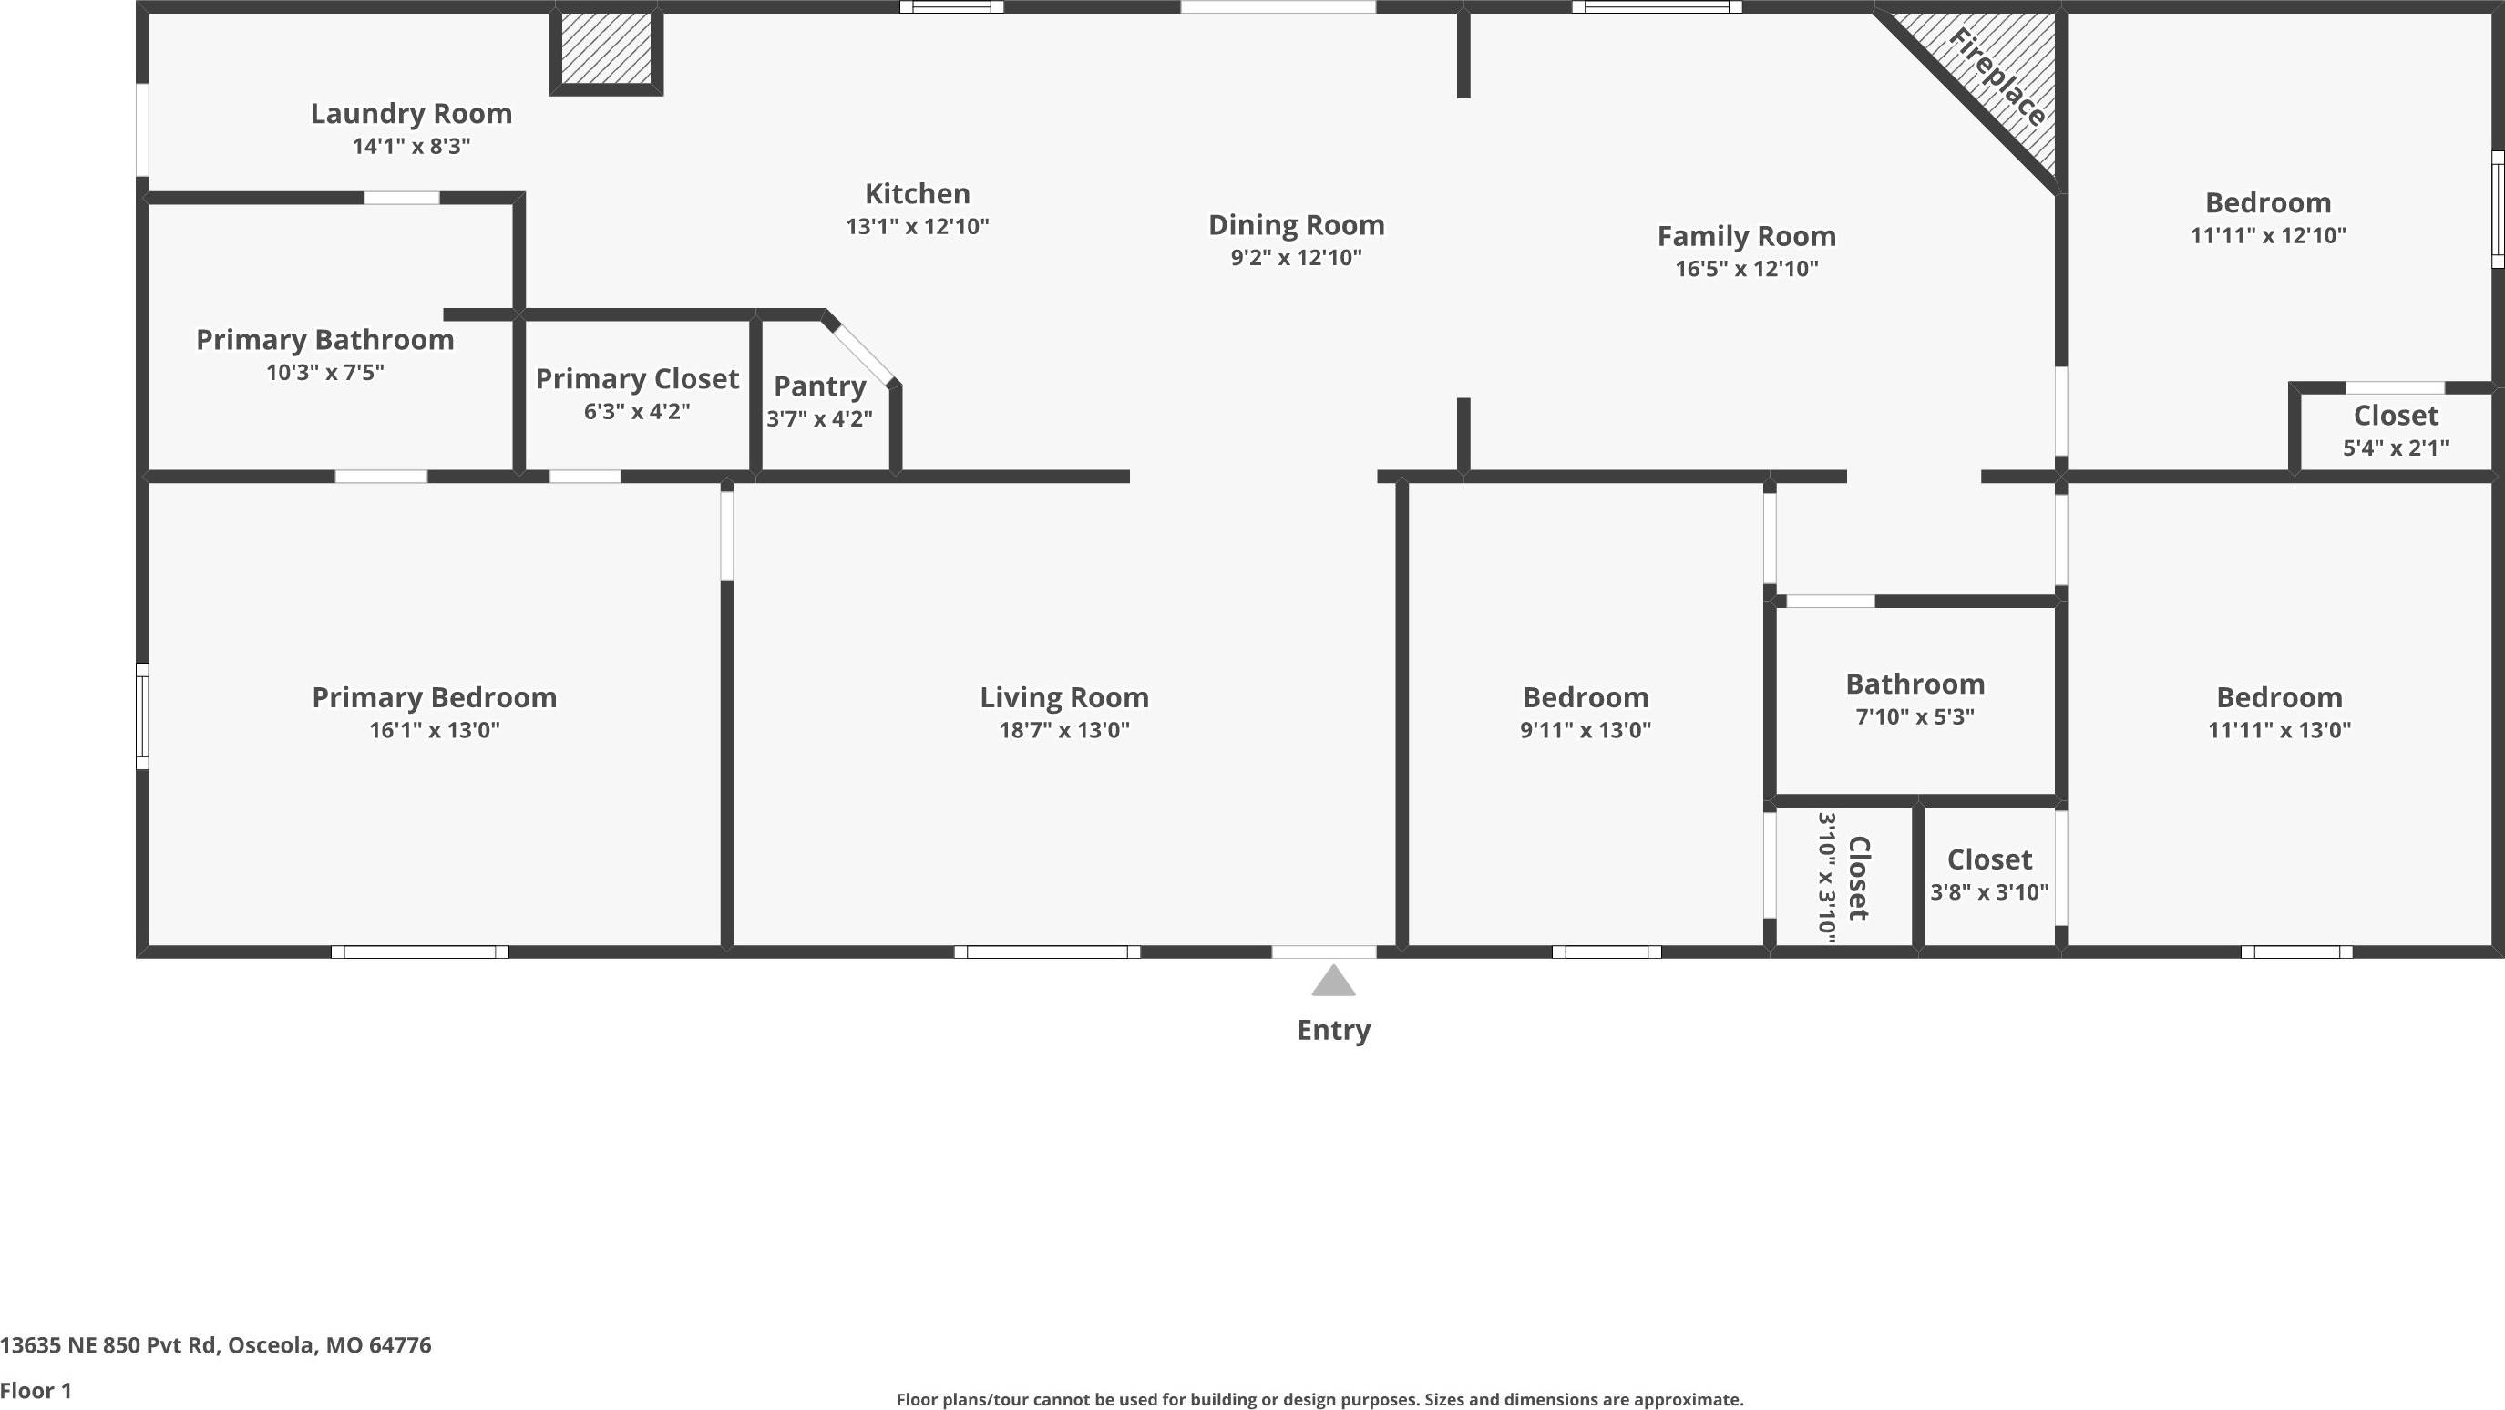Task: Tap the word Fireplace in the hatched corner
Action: (1997, 77)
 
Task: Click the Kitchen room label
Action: (917, 193)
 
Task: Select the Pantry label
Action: (820, 386)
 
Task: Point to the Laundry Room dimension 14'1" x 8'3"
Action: (411, 146)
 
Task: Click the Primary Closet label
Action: (637, 378)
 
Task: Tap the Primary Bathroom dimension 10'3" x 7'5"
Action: (324, 372)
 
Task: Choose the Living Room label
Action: (1063, 697)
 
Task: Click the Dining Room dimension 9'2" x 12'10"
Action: (1297, 258)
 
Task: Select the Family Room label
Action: (1747, 236)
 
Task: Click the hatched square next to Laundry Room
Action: (606, 48)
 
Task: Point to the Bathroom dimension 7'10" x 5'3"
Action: (1915, 716)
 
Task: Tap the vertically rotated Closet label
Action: (1858, 877)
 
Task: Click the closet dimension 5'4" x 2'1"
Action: (2395, 448)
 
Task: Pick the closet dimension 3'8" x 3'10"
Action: (1988, 891)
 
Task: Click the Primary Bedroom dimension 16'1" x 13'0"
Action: (434, 729)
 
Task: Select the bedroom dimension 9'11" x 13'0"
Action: (1585, 729)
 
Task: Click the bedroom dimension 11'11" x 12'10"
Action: (2268, 235)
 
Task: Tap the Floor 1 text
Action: (36, 1391)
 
